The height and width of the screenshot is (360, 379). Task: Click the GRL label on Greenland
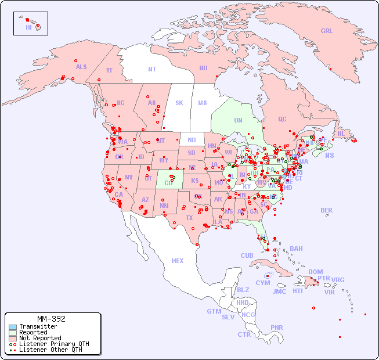coord(327,31)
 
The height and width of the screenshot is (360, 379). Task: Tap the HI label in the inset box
coord(28,27)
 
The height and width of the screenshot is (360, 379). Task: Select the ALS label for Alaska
coord(81,67)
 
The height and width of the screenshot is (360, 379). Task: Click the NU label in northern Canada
coord(203,68)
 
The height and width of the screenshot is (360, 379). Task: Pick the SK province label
coord(179,103)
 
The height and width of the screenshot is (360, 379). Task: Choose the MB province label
coord(202,103)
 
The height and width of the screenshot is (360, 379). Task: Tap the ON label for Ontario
coord(238,120)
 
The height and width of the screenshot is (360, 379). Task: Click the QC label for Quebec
coord(282,119)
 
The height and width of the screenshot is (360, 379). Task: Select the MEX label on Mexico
coord(177,261)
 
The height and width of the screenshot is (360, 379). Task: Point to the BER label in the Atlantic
coord(326,210)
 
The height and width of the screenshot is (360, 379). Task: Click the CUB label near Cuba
coord(247,255)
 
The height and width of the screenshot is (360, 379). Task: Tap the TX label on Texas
coord(189,218)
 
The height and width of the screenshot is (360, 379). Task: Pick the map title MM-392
coord(51,319)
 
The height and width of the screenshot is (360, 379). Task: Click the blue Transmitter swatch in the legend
coord(13,327)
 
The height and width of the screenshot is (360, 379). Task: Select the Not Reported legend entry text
coord(39,338)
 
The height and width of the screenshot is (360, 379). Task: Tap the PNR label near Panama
coord(277,327)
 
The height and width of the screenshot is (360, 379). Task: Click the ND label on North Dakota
coord(192,140)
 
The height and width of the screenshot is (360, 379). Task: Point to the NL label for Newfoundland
coord(341,133)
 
